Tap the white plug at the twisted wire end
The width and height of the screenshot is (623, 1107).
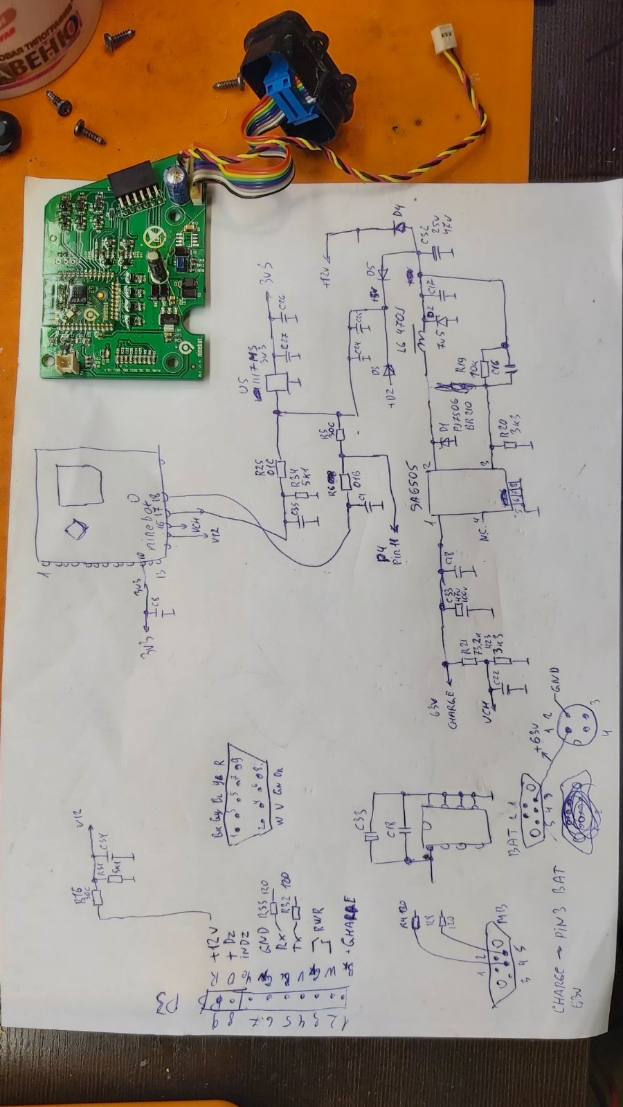pyautogui.click(x=442, y=35)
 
